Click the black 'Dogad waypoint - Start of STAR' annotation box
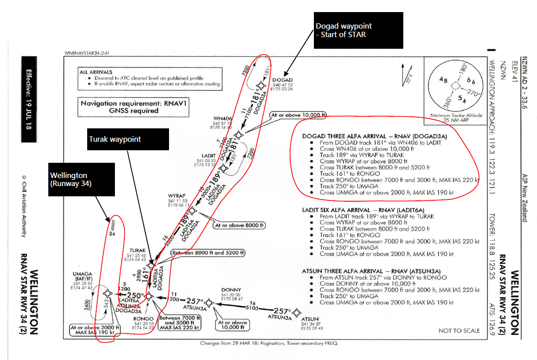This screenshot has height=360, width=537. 358,30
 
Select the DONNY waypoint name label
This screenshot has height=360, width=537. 231,290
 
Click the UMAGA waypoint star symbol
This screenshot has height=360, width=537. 107,293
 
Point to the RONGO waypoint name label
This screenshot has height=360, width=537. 143,319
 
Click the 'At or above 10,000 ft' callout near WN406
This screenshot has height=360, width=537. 298,115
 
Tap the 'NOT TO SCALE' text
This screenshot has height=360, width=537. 459,330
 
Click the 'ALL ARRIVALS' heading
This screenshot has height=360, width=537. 96,72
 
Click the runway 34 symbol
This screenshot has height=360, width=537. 113,224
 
